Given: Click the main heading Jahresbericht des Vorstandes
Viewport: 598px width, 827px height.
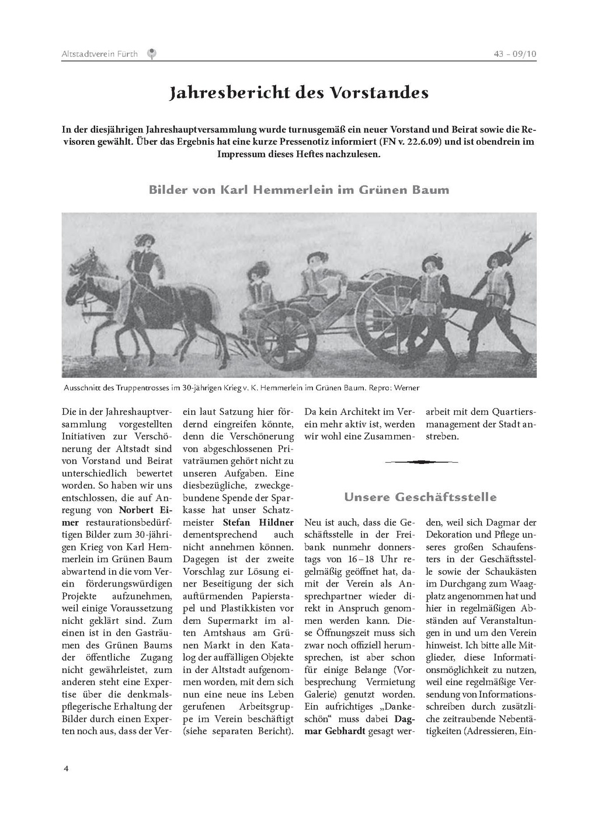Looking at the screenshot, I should point(298,93).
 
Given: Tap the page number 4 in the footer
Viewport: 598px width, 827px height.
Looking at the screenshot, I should point(66,768).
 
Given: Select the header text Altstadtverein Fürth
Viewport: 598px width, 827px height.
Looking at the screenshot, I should point(99,54).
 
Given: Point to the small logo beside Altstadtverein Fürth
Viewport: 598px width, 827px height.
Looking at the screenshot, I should point(152,54).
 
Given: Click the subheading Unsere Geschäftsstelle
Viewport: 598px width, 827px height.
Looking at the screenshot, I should point(420,497).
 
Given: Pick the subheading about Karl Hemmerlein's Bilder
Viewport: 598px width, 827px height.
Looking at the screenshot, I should point(298,190).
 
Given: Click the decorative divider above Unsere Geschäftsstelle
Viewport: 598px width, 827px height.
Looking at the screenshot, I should point(420,462).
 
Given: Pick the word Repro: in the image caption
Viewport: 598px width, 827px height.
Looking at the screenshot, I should point(383,388).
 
